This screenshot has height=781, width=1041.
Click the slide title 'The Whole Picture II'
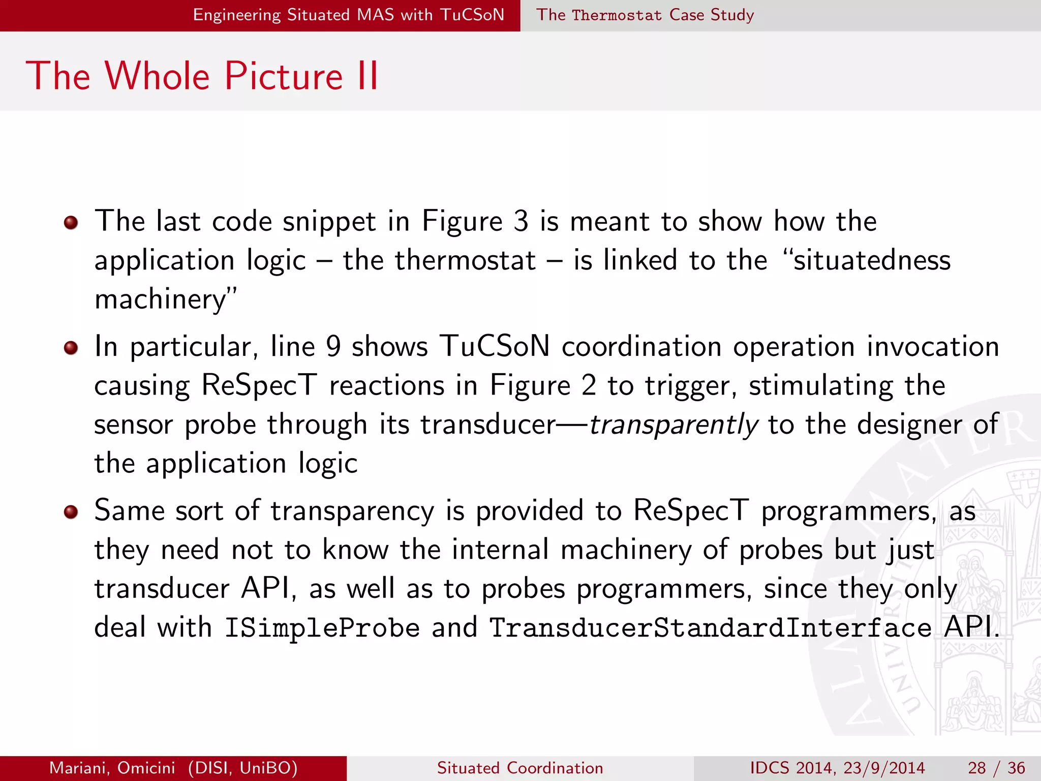(x=202, y=76)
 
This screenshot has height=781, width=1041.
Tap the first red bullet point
(x=71, y=223)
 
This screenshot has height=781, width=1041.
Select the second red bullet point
(x=71, y=348)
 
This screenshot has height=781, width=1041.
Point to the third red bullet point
(x=71, y=512)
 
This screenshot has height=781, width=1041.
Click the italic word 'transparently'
(x=673, y=425)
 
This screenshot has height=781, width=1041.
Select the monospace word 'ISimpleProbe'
(x=322, y=627)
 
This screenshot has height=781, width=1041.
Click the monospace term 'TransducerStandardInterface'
(x=710, y=627)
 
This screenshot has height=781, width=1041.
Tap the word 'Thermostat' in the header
(x=617, y=15)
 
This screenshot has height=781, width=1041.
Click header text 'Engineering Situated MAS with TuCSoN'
(x=349, y=15)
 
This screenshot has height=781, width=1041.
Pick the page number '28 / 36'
(x=996, y=768)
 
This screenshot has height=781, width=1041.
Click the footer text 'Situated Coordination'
(x=520, y=768)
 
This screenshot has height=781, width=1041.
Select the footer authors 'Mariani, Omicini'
(x=112, y=768)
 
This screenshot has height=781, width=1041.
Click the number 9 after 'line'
(x=333, y=347)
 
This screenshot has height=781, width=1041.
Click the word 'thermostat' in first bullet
(x=465, y=260)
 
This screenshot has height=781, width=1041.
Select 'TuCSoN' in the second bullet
(x=495, y=347)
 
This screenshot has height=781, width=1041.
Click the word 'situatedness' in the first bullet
(x=871, y=260)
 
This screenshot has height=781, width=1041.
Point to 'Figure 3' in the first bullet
(x=475, y=222)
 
